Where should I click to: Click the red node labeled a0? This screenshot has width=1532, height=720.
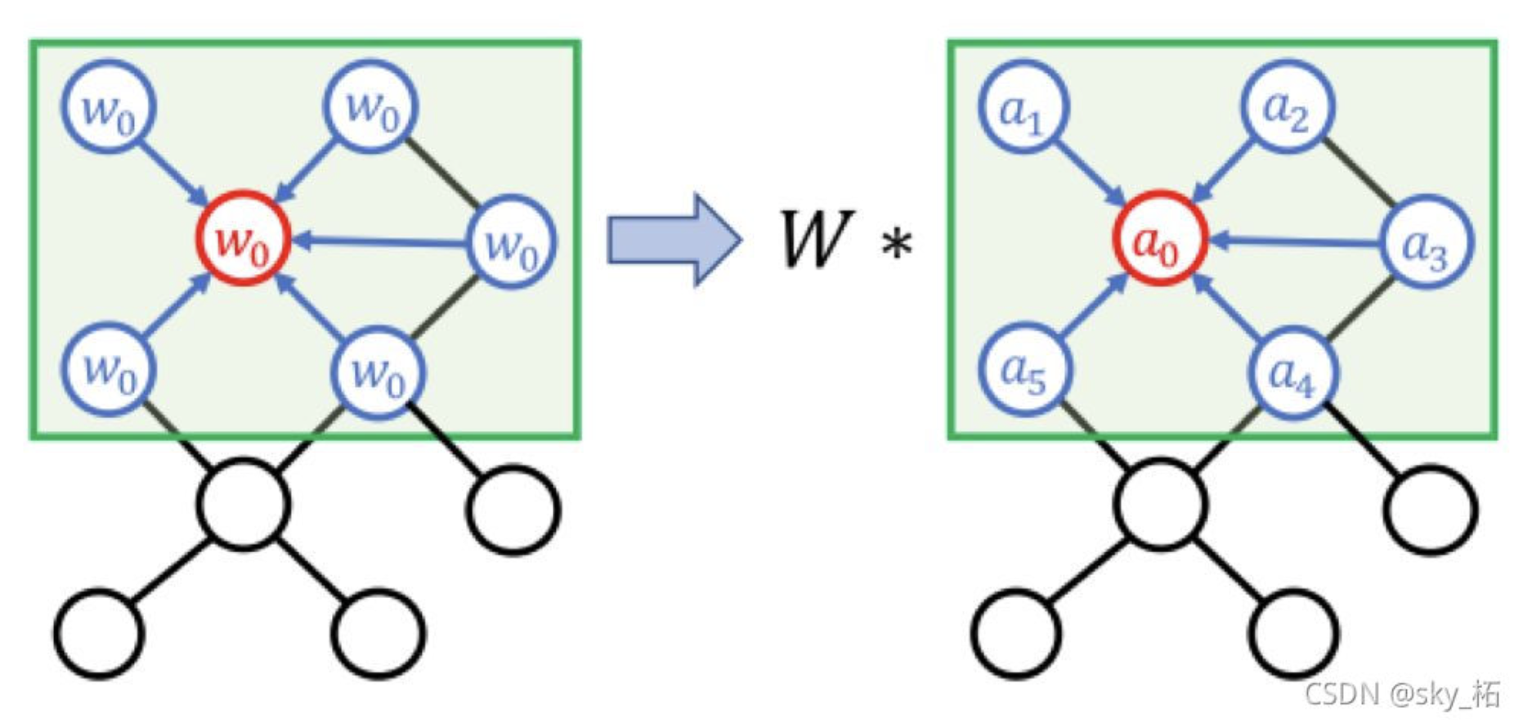[x=1159, y=238]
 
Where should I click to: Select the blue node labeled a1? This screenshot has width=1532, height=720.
[x=1024, y=107]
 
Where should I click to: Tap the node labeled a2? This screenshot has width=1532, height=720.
[x=1286, y=106]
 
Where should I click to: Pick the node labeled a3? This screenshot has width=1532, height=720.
[x=1425, y=242]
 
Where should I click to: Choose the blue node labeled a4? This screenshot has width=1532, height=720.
[x=1292, y=372]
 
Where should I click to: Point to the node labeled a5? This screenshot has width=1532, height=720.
[x=1024, y=371]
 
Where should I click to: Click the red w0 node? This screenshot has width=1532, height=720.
[x=243, y=238]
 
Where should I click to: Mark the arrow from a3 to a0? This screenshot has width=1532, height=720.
[x=1295, y=241]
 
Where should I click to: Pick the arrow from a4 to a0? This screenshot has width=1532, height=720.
[x=1226, y=308]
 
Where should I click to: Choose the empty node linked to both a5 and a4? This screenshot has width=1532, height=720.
[x=1159, y=504]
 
